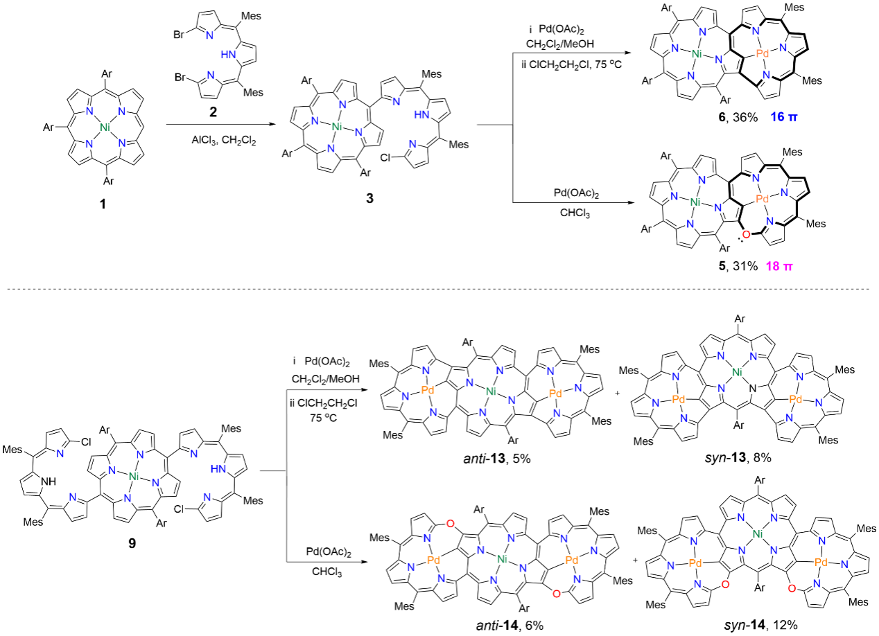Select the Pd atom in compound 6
coord(761,53)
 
